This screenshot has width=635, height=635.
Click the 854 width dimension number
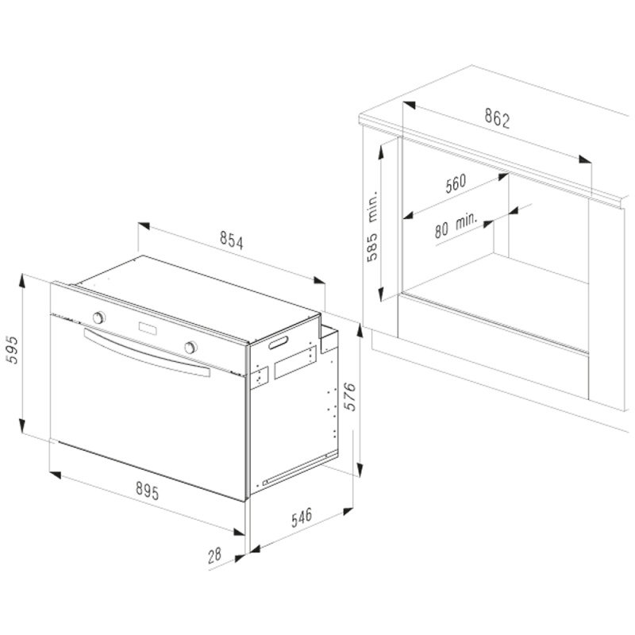[232, 240]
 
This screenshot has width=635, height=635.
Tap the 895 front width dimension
[148, 490]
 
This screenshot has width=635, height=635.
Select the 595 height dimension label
[13, 349]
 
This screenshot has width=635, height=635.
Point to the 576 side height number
[349, 396]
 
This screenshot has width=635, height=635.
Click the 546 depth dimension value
[302, 518]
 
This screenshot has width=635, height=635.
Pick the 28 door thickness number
[214, 555]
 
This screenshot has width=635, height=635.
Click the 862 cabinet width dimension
[497, 118]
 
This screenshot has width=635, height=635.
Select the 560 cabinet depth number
[456, 183]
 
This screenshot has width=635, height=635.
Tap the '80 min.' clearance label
[456, 225]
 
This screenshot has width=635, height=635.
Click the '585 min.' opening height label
[371, 225]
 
